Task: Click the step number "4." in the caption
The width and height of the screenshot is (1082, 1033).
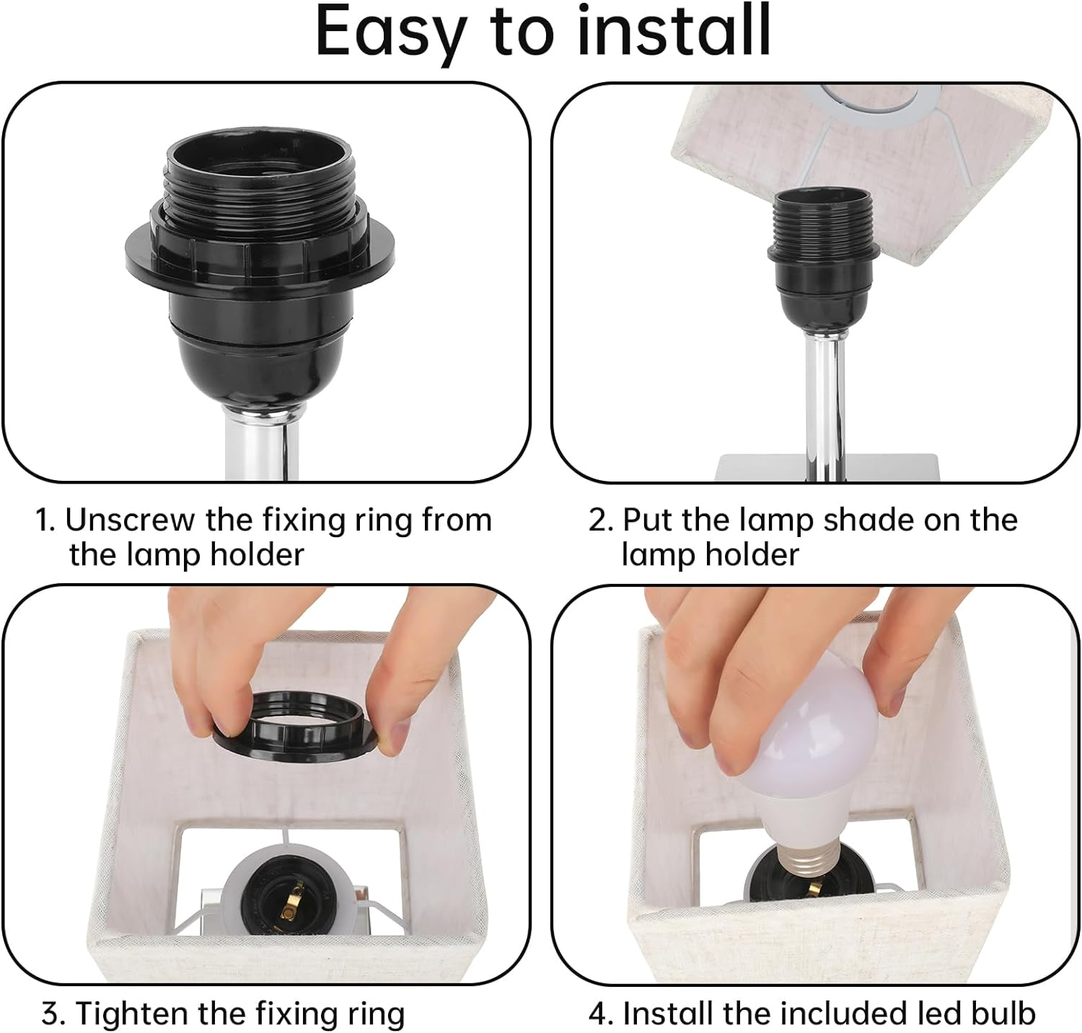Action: click(601, 1014)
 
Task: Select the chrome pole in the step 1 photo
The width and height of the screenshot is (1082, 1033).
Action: click(261, 443)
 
